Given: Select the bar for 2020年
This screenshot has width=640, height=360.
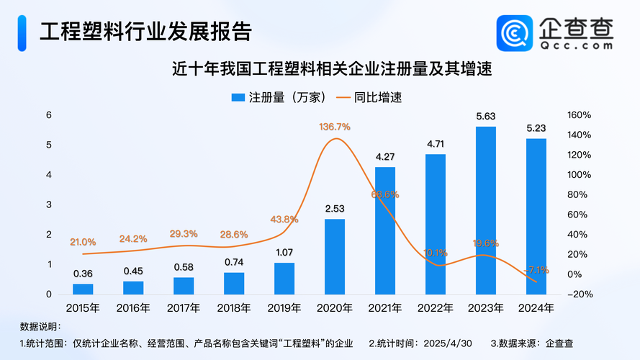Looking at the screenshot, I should [335, 256].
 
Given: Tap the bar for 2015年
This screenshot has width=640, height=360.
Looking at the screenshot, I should [83, 289].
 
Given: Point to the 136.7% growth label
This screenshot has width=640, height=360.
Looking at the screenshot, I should [335, 127].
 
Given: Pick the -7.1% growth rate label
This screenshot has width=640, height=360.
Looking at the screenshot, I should [536, 270].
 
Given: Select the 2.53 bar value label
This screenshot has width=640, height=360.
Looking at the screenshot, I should [335, 209].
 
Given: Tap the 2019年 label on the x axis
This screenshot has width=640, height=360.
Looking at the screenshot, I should [284, 309].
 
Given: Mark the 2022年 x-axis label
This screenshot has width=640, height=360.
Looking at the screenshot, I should [436, 309].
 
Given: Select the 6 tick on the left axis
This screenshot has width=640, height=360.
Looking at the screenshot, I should [49, 115].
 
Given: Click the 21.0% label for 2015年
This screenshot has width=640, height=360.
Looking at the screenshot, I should [83, 242].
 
